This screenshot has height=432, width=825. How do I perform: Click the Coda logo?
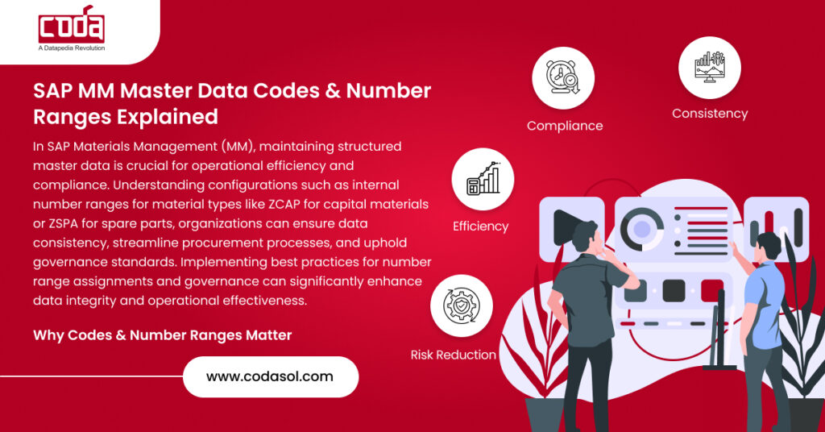[x=71, y=26]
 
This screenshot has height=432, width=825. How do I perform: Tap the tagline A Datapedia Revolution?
[x=72, y=48]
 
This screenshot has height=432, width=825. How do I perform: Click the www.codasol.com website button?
[x=270, y=376]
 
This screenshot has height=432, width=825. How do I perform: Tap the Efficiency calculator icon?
[x=482, y=180]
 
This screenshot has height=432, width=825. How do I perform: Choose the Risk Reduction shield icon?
[x=461, y=305]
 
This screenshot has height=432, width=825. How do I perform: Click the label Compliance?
[x=565, y=126]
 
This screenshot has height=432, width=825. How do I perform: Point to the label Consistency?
[x=710, y=114]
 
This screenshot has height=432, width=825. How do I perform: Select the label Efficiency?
[x=481, y=226]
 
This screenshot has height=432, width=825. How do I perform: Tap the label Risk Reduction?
[x=454, y=355]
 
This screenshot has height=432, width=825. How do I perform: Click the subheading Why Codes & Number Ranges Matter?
[x=162, y=334]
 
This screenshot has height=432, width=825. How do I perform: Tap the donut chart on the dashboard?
[x=642, y=228]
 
